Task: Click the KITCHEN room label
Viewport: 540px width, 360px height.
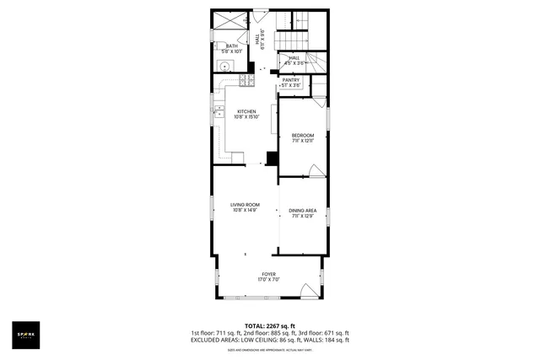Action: [x=246, y=111]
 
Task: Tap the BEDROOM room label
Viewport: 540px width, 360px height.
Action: [x=303, y=136]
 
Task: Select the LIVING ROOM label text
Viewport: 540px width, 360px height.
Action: [x=245, y=205]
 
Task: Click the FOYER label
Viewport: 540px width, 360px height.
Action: [x=268, y=274]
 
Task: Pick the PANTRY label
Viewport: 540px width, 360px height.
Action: [x=291, y=80]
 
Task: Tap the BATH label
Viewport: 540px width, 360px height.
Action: [x=231, y=46]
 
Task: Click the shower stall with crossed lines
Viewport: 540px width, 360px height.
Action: [x=230, y=21]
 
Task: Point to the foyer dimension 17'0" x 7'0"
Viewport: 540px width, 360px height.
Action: [x=268, y=280]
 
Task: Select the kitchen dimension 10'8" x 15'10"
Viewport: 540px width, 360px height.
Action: [x=246, y=117]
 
